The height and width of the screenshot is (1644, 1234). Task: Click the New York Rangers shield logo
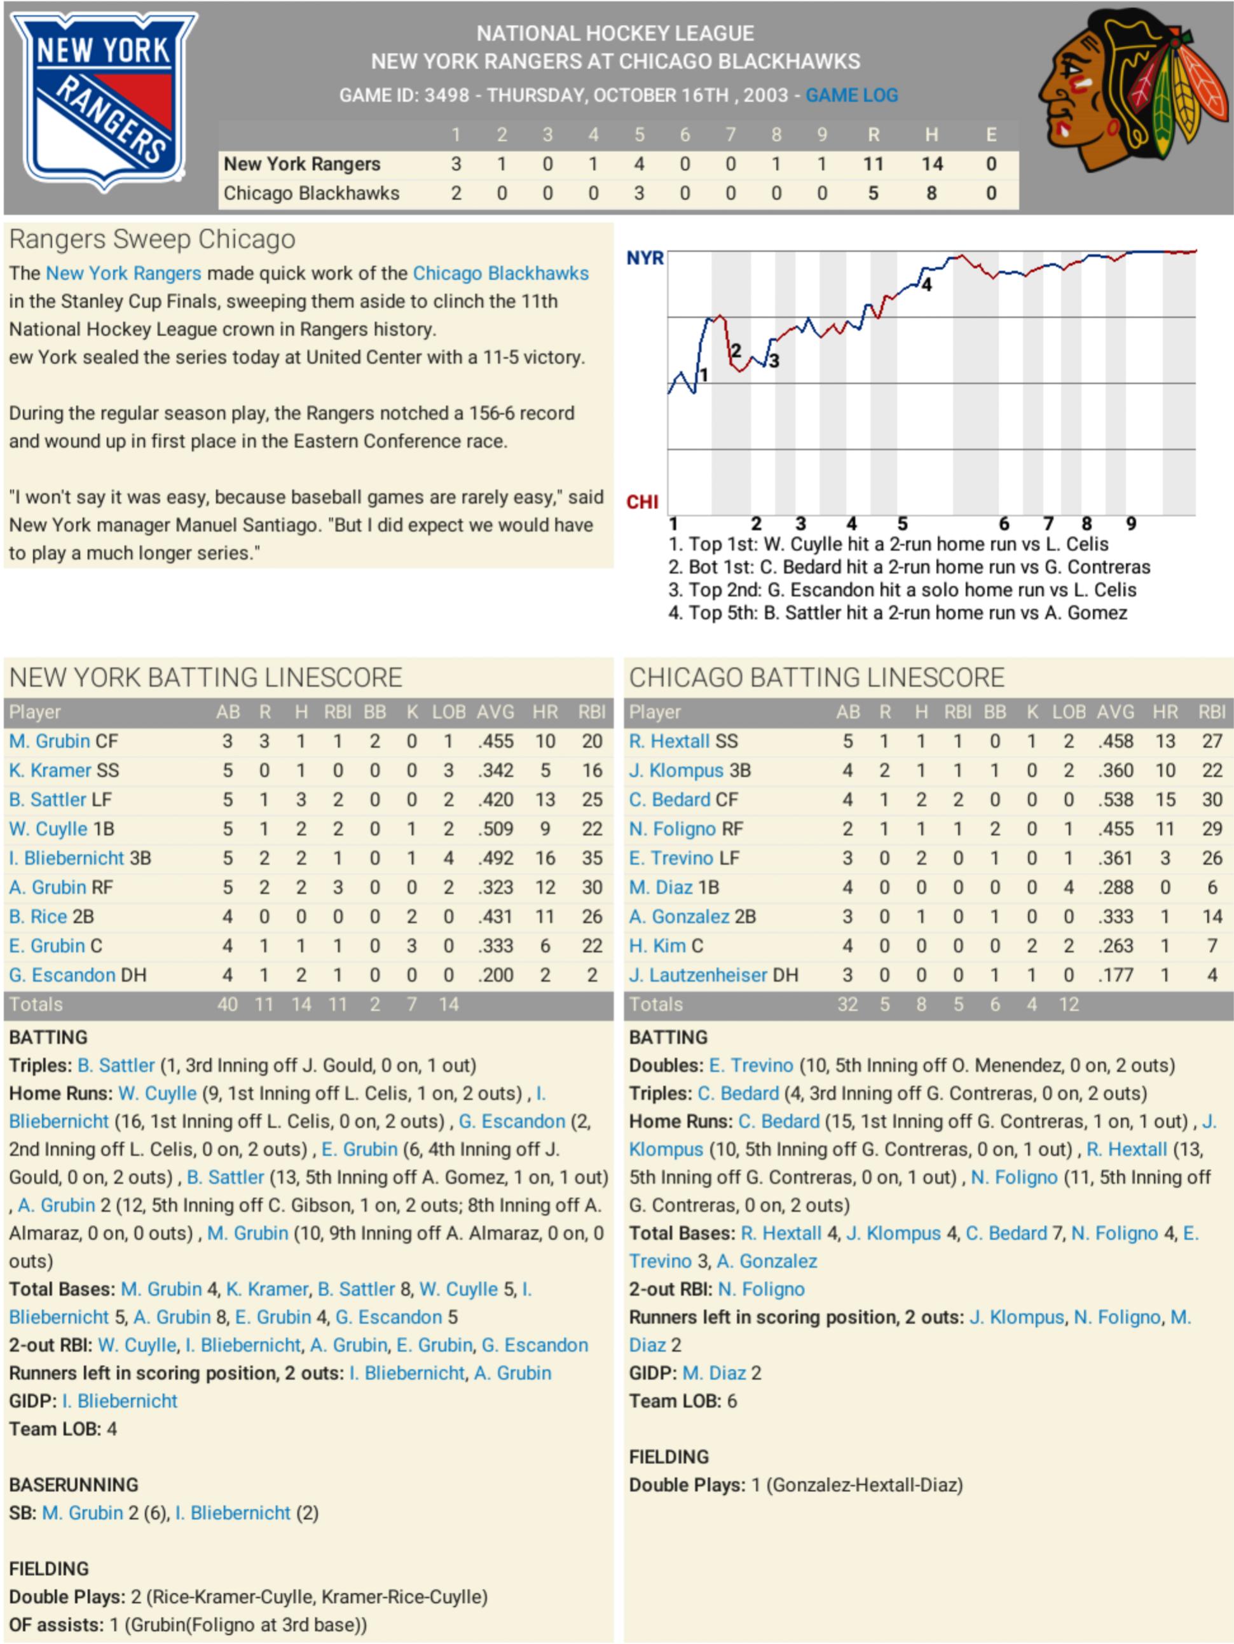pyautogui.click(x=104, y=100)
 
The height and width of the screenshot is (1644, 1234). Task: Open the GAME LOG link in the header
pyautogui.click(x=851, y=95)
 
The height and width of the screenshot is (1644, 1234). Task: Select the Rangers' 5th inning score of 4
pyautogui.click(x=639, y=163)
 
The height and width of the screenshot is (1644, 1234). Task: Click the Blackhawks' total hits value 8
pyautogui.click(x=931, y=193)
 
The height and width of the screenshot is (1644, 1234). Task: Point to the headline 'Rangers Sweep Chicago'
pyautogui.click(x=153, y=239)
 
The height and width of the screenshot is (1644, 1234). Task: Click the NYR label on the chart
pyautogui.click(x=644, y=258)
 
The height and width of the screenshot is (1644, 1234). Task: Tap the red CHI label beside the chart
pyautogui.click(x=642, y=502)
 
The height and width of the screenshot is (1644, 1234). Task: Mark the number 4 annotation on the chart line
pyautogui.click(x=926, y=285)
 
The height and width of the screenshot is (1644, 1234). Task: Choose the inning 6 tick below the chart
pyautogui.click(x=1004, y=524)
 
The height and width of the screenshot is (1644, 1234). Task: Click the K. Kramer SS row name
pyautogui.click(x=64, y=771)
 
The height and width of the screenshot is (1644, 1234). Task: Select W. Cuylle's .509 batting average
pyautogui.click(x=495, y=829)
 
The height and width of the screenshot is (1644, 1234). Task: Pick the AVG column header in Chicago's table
pyautogui.click(x=1115, y=712)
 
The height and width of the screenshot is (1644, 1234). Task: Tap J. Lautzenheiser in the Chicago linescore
pyautogui.click(x=713, y=975)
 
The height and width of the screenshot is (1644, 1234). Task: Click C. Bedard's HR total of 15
pyautogui.click(x=1165, y=799)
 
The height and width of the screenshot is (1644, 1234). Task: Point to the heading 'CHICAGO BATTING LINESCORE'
pyautogui.click(x=816, y=678)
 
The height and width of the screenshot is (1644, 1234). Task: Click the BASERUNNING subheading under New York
pyautogui.click(x=74, y=1485)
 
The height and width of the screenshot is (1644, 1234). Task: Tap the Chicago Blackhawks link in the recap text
pyautogui.click(x=501, y=273)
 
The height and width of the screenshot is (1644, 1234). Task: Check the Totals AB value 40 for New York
pyautogui.click(x=228, y=1005)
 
